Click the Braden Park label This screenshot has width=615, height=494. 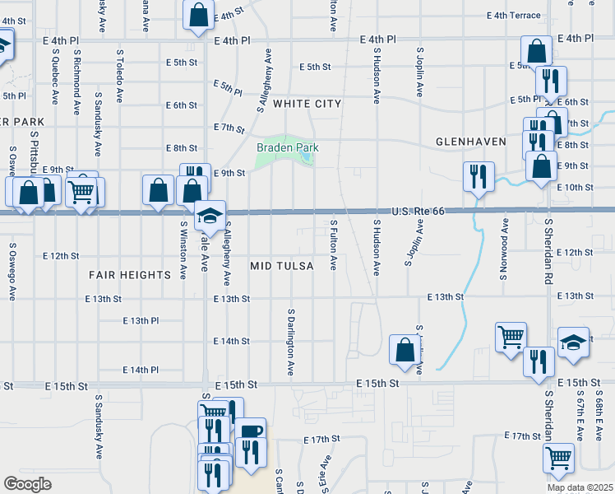287,147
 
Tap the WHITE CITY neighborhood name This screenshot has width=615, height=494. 306,104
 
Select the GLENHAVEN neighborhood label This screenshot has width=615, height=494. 470,142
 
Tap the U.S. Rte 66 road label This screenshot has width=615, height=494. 418,212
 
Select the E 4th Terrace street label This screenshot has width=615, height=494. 514,16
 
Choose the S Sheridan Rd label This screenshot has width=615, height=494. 547,248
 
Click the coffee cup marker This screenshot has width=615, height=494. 251,431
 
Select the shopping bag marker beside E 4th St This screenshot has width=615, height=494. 198,15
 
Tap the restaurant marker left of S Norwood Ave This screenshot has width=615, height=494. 476,175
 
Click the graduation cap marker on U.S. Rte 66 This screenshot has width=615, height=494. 210,216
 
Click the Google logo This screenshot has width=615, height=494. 26,484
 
